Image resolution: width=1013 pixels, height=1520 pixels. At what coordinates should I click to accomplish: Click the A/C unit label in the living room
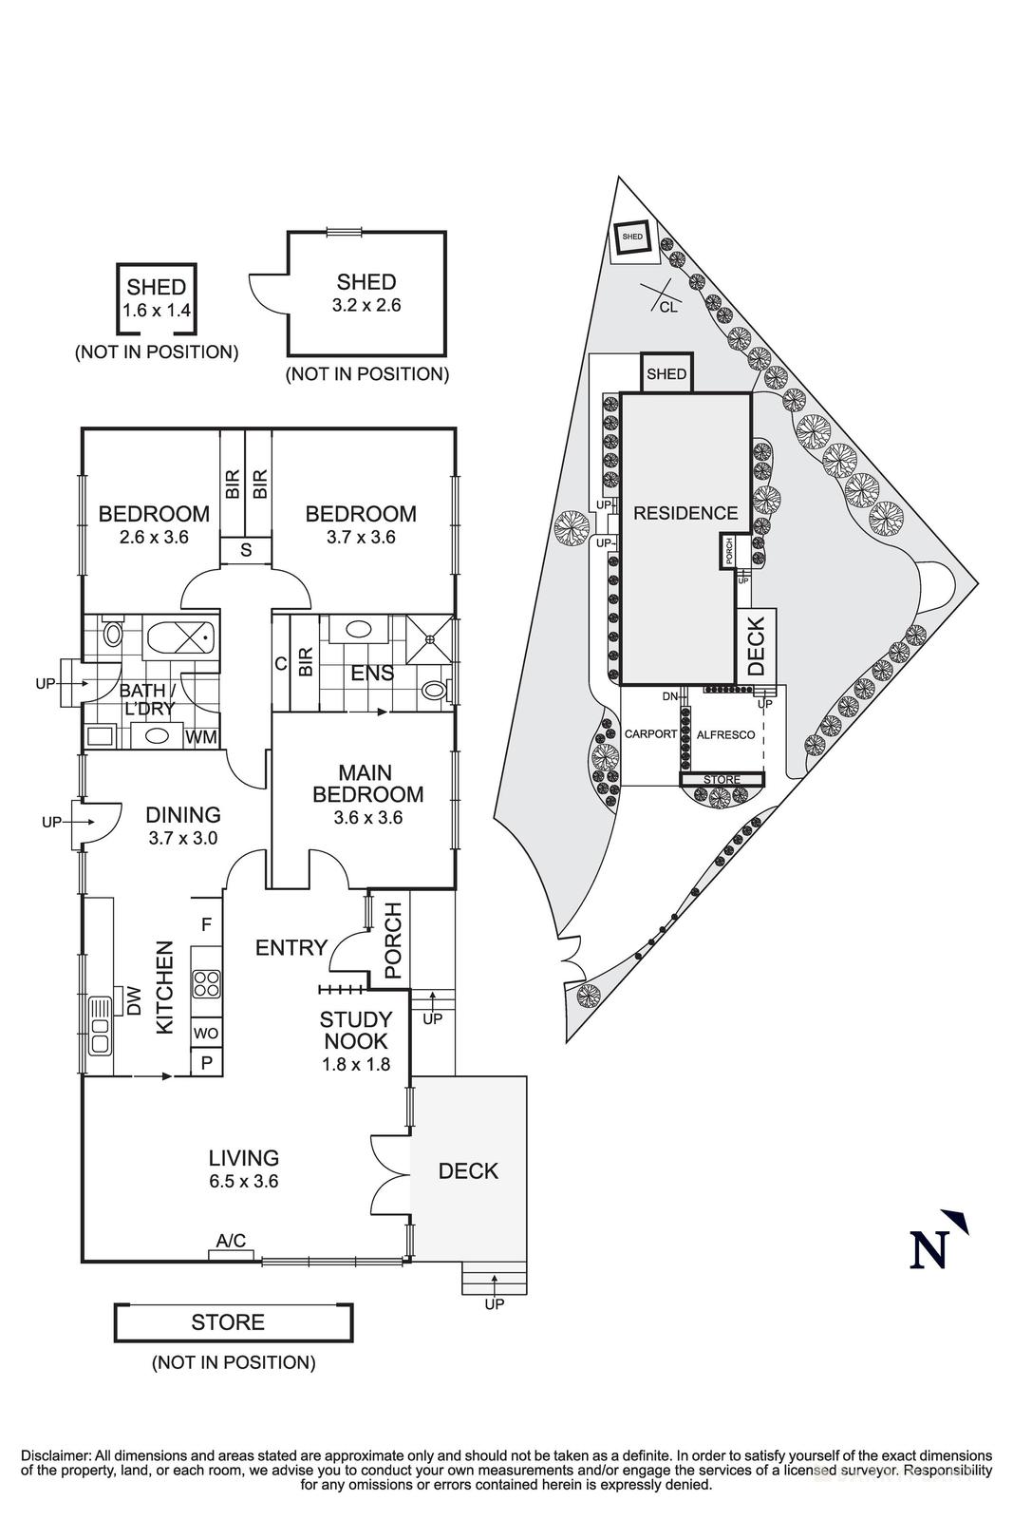(x=231, y=1240)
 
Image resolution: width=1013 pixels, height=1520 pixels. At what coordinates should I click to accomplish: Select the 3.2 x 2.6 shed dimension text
(x=366, y=305)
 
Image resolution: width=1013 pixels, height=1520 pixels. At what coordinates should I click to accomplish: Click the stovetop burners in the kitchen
(x=206, y=982)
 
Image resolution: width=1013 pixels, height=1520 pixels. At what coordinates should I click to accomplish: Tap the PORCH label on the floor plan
(x=392, y=941)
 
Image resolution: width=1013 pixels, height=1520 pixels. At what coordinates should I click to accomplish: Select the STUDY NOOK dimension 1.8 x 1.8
(x=356, y=1065)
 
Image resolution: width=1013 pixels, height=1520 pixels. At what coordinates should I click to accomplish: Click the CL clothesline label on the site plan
(x=668, y=307)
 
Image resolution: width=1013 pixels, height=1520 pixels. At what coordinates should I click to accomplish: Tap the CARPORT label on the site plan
(x=650, y=734)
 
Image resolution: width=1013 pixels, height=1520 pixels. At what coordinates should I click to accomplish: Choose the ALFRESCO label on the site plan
(x=725, y=735)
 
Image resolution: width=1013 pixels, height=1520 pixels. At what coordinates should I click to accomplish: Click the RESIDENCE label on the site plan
(x=685, y=513)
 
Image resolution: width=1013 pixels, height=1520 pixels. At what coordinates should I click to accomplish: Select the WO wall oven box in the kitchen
(x=205, y=1033)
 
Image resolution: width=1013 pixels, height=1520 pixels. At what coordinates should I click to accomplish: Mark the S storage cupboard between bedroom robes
(x=246, y=549)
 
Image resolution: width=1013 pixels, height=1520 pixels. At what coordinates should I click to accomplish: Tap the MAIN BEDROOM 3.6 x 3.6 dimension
(x=367, y=817)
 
